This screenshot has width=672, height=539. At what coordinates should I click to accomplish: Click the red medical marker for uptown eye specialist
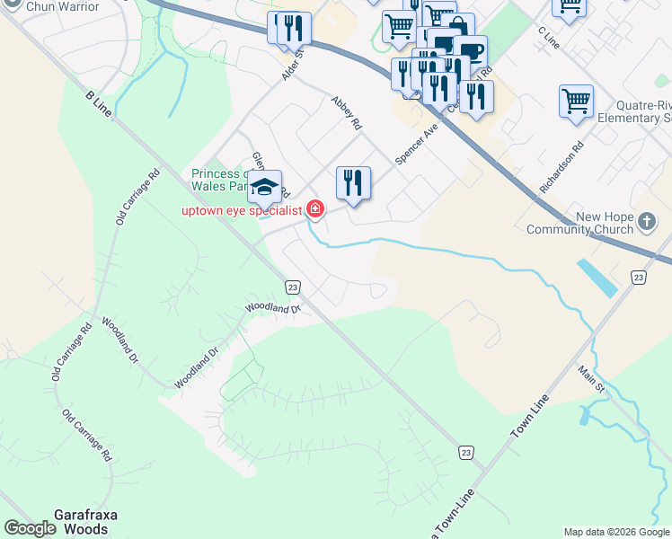(314, 210)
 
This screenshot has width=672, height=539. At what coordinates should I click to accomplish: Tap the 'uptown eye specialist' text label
(243, 211)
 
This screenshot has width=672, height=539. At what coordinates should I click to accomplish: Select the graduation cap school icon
(264, 186)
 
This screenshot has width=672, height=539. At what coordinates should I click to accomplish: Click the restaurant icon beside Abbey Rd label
(353, 182)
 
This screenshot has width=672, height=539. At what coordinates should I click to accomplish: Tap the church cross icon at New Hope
(647, 221)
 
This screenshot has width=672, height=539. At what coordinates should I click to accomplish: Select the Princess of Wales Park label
(219, 180)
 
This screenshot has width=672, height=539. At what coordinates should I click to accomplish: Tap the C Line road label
(548, 39)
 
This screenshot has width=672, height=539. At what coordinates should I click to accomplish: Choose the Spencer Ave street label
(416, 144)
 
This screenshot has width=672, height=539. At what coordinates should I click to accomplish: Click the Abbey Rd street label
(346, 111)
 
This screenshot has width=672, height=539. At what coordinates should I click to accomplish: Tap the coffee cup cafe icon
(469, 50)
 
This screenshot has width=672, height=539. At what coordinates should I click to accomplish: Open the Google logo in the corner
(30, 528)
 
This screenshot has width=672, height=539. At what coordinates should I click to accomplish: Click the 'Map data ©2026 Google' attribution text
(616, 532)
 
